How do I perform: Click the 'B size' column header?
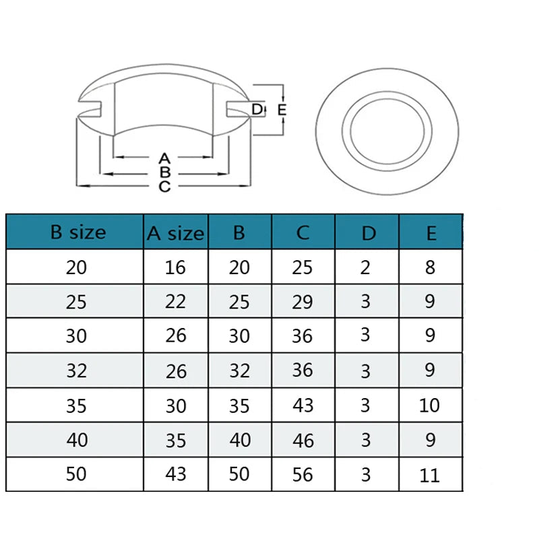click(78, 232)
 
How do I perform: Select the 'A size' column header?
click(175, 233)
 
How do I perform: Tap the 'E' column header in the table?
click(431, 233)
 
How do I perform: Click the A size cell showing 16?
click(175, 267)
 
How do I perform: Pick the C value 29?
click(303, 302)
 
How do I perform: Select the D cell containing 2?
click(365, 267)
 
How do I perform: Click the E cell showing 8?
click(430, 267)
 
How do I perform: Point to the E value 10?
click(429, 406)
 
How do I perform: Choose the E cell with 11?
click(429, 476)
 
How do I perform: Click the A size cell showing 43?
click(176, 474)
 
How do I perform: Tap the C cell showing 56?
click(303, 474)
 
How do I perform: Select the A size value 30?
click(176, 406)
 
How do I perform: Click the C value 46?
click(303, 441)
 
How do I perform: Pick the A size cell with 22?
click(175, 301)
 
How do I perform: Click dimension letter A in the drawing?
click(164, 158)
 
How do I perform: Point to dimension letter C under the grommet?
click(164, 187)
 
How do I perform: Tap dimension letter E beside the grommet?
click(282, 110)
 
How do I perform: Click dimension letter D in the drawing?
click(257, 109)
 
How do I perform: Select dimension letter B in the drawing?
click(165, 172)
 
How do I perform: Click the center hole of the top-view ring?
click(387, 131)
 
